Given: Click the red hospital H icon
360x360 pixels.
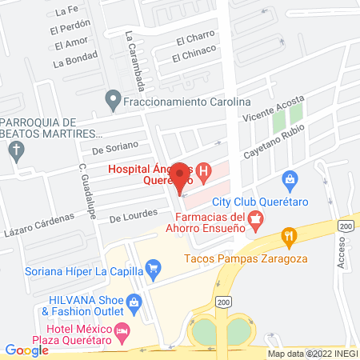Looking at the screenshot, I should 203,171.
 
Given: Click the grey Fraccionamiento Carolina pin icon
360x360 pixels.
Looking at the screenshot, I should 113,102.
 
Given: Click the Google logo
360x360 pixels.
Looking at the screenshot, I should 26,350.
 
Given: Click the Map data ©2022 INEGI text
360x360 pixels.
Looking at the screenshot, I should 313,354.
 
